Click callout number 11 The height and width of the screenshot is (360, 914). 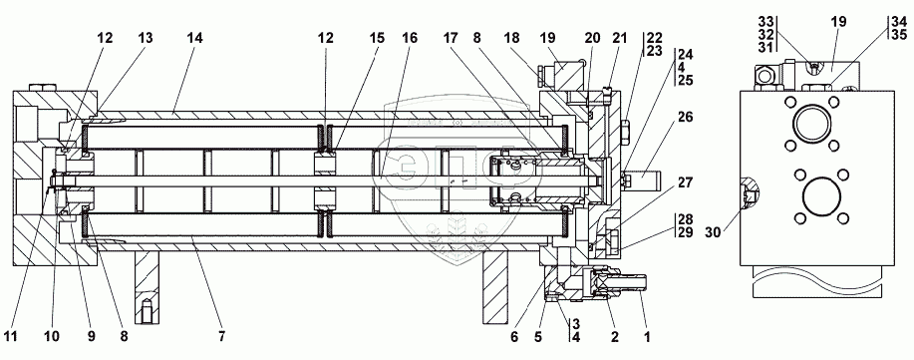(x=11, y=337)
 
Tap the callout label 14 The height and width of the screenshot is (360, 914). (x=194, y=38)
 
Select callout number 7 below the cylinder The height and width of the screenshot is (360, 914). (x=221, y=337)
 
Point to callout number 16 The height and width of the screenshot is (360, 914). (x=410, y=38)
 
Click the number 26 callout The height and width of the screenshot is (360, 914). (x=685, y=118)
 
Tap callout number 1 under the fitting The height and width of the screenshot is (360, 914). (x=647, y=337)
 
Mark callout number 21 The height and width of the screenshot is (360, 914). (x=619, y=38)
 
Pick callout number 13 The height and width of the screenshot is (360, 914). (x=146, y=38)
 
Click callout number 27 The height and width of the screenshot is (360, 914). (x=685, y=183)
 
